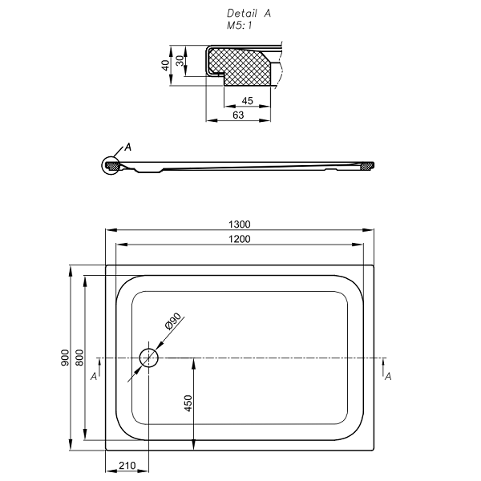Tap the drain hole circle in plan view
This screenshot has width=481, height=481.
[x=149, y=358]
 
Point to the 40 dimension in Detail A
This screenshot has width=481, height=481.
[x=166, y=64]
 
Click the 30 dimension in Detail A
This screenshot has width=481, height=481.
[x=180, y=61]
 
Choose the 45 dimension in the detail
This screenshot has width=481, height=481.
[x=247, y=100]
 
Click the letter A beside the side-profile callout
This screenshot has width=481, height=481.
[x=127, y=148]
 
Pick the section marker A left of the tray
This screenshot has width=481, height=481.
[x=95, y=375]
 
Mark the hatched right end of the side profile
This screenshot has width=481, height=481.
[x=367, y=166]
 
